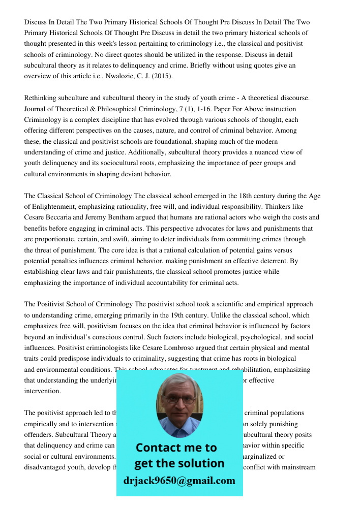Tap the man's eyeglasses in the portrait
click(178, 399)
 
